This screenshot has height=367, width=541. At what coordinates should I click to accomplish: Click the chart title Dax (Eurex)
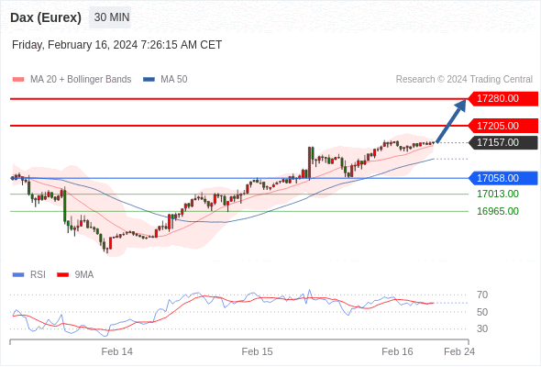(46, 17)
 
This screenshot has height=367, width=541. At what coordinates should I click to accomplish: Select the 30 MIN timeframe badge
(110, 17)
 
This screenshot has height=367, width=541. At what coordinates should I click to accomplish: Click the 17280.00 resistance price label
(502, 99)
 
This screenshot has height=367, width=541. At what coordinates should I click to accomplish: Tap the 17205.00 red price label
(502, 126)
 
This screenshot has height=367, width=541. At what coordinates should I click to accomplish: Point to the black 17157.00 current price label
(502, 142)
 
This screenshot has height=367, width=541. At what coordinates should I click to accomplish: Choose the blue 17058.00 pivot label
(502, 178)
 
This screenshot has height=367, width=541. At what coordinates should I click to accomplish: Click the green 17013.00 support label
(498, 194)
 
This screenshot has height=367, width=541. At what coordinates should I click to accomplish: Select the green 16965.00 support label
(498, 211)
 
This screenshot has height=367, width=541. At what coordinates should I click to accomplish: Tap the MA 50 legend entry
(165, 80)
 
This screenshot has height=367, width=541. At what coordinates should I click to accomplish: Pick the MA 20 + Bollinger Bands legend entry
(72, 80)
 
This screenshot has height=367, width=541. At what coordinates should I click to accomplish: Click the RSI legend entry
(29, 275)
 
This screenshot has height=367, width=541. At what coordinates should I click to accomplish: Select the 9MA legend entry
(75, 275)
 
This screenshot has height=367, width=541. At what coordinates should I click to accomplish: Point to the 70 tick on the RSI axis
(482, 295)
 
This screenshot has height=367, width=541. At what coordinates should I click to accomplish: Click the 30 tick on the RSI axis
(482, 328)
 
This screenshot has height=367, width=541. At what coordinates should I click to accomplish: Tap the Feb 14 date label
(117, 351)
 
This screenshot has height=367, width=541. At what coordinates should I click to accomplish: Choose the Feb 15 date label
(257, 351)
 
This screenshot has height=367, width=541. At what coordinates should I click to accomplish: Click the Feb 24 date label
(459, 351)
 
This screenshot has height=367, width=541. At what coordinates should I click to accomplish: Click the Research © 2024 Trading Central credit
(464, 80)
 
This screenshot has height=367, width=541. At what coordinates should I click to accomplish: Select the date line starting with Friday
(117, 45)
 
